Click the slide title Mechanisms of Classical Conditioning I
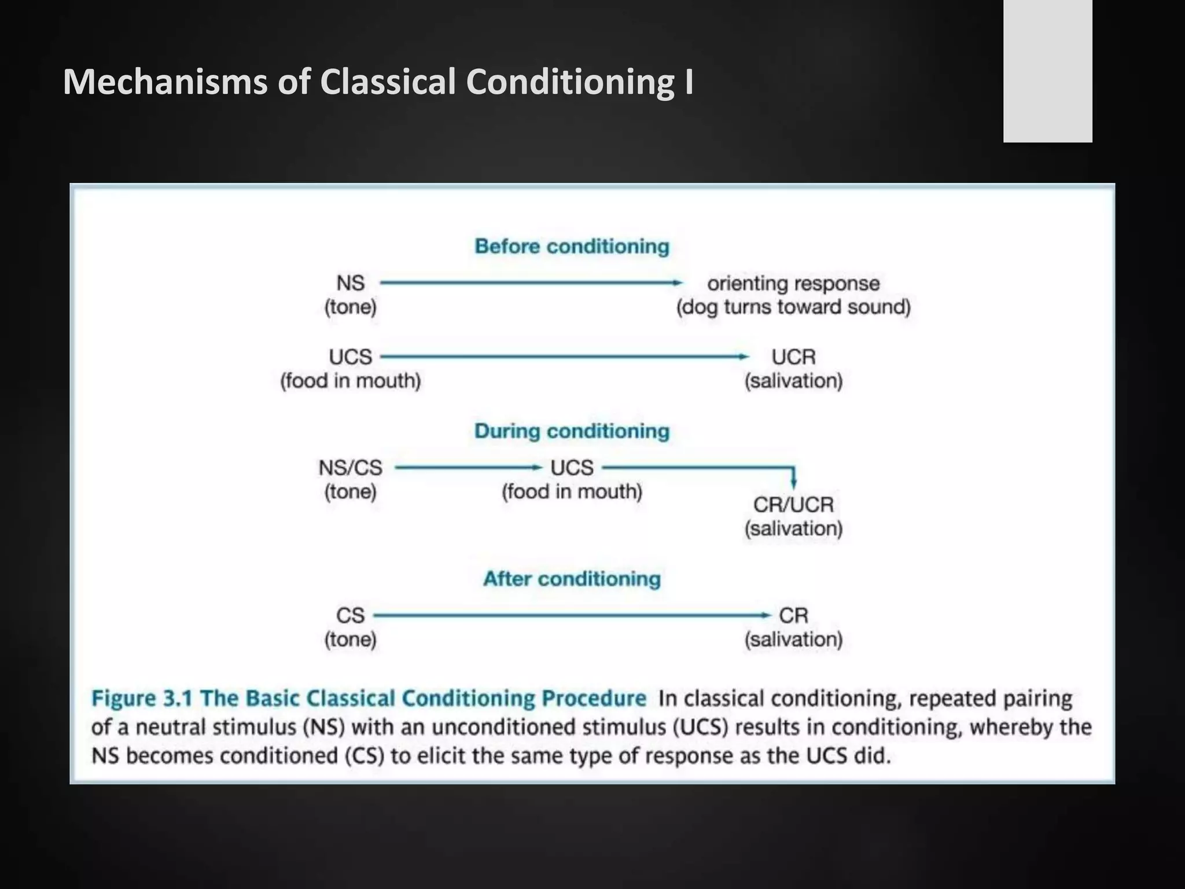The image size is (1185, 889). pos(378,82)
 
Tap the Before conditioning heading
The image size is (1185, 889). pos(572,247)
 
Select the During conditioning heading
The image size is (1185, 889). pos(572,431)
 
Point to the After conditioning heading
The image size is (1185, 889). pos(572,579)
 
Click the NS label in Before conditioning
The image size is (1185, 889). pos(351,284)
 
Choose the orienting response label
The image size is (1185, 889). pos(793,284)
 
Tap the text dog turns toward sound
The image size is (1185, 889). pos(793,307)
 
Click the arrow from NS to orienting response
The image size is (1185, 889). pos(529,283)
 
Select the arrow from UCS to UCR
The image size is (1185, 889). pos(564,357)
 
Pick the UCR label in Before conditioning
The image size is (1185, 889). pos(793,357)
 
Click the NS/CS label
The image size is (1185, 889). pos(351,468)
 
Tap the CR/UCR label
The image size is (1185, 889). pos(793,505)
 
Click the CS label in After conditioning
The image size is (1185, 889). pos(351,615)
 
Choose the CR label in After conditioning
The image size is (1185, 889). pos(793,615)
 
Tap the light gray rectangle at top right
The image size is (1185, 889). pos(1047,71)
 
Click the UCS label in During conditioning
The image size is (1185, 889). pos(572,468)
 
